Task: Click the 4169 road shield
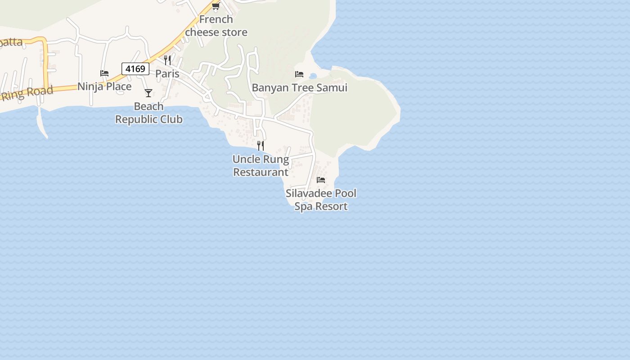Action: [x=135, y=69]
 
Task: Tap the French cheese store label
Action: [x=216, y=26]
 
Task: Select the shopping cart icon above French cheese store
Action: [x=216, y=6]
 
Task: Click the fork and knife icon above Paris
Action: [x=167, y=60]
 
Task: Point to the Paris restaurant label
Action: [x=167, y=73]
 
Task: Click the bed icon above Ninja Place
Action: [x=104, y=73]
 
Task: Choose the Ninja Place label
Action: [x=104, y=86]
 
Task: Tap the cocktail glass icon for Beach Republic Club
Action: [x=148, y=93]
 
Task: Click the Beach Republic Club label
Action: [x=149, y=113]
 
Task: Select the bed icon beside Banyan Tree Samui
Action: [x=299, y=74]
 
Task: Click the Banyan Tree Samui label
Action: [x=299, y=87]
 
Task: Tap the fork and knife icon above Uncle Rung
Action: [x=261, y=145]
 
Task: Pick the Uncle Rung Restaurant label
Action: [x=261, y=166]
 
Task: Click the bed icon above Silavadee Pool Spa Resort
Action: [x=321, y=180]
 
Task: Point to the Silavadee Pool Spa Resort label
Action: [x=321, y=200]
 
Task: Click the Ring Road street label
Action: [x=27, y=93]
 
